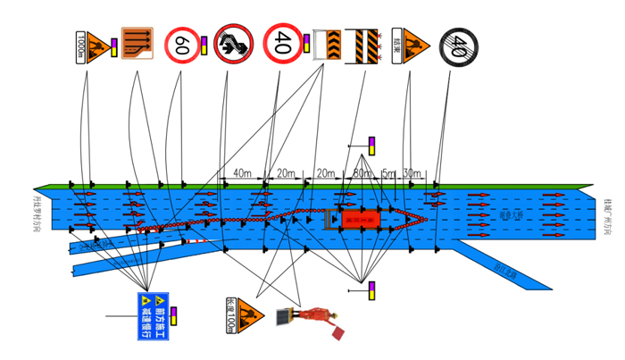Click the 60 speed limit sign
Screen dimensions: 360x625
[x=182, y=43]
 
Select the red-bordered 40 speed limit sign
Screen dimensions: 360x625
[x=282, y=43]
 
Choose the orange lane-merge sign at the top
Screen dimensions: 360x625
[x=137, y=43]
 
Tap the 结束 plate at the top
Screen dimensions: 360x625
[x=396, y=42]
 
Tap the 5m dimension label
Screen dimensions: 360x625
[x=387, y=172]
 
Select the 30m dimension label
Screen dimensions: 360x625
[x=412, y=172]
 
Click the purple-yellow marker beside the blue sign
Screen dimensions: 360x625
[x=175, y=314]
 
